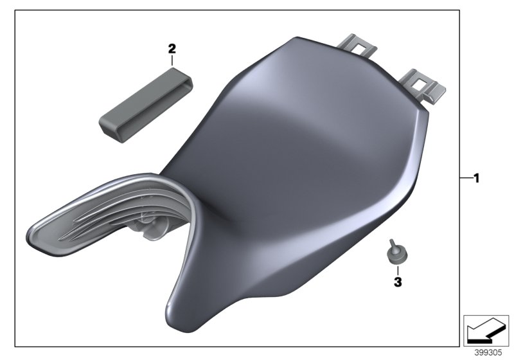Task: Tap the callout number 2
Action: pyautogui.click(x=172, y=48)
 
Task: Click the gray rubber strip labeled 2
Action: pyautogui.click(x=145, y=102)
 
